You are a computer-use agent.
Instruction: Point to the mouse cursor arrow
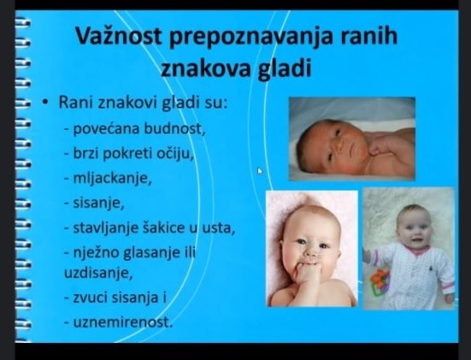[260, 170]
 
